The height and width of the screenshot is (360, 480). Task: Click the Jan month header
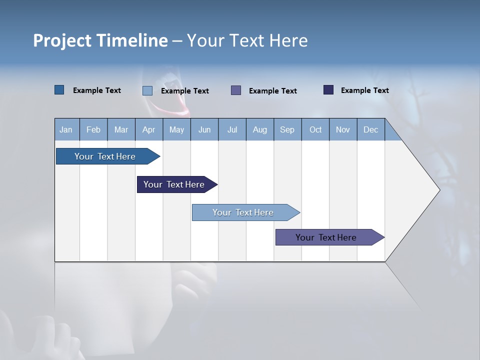pos(66,129)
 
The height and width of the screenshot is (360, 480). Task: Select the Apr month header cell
pos(148,129)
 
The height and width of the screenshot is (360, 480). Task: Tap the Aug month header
pos(259,129)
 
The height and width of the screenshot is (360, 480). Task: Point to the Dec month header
pos(370,129)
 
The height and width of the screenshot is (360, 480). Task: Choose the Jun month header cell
pos(204,129)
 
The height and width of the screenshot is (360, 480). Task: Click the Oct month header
pos(315,129)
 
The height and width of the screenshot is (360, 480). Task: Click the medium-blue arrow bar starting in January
pos(105,156)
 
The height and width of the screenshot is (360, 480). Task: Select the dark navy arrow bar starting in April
pos(174,184)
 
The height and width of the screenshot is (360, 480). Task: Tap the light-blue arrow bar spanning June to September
pos(243,212)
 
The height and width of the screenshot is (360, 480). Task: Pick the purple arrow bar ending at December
pos(326,237)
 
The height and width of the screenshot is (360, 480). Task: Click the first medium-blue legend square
pos(59,90)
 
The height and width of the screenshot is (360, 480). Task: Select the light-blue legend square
pos(147,90)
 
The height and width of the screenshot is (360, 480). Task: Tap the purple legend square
pos(236,90)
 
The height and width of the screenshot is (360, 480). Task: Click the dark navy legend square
pos(328,90)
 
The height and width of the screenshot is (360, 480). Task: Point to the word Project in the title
pos(62,40)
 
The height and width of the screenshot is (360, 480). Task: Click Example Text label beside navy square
pos(364,90)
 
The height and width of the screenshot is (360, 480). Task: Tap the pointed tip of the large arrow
pos(438,190)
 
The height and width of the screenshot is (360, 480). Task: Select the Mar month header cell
pos(121,129)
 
